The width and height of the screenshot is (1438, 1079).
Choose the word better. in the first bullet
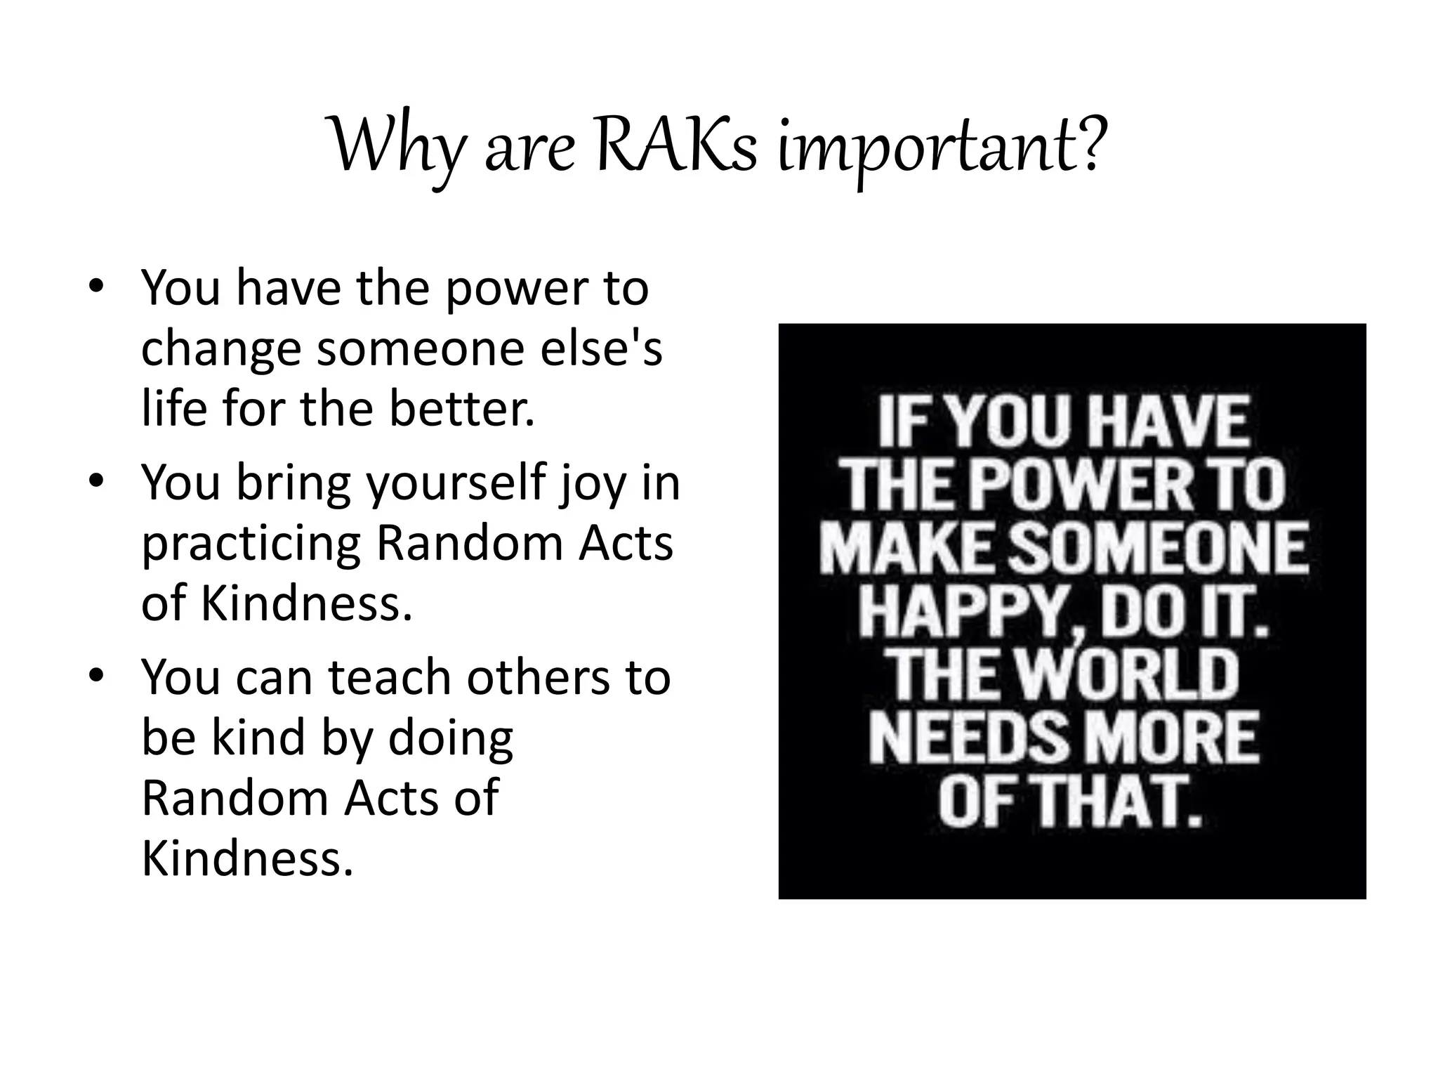[x=462, y=408]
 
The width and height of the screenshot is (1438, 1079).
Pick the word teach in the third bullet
[x=390, y=676]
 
